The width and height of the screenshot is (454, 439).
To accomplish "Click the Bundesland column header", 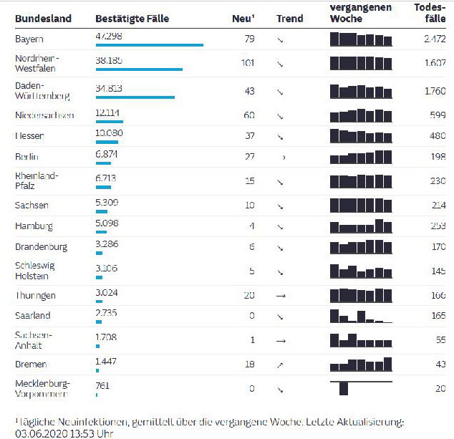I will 43,19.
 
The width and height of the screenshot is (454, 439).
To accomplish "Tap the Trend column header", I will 289,19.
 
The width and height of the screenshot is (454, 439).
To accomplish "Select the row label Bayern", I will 29,39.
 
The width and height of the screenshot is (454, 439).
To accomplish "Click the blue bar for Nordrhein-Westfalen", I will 139,69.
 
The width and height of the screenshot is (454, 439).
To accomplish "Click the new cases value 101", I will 248,63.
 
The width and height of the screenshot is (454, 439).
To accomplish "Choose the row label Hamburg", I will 34,226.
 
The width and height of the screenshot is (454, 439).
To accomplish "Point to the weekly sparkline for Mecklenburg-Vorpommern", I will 361,388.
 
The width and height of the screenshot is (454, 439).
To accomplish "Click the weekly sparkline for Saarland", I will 361,315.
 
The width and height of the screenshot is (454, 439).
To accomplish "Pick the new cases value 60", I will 249,115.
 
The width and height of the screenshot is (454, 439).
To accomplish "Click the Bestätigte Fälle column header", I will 132,19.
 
